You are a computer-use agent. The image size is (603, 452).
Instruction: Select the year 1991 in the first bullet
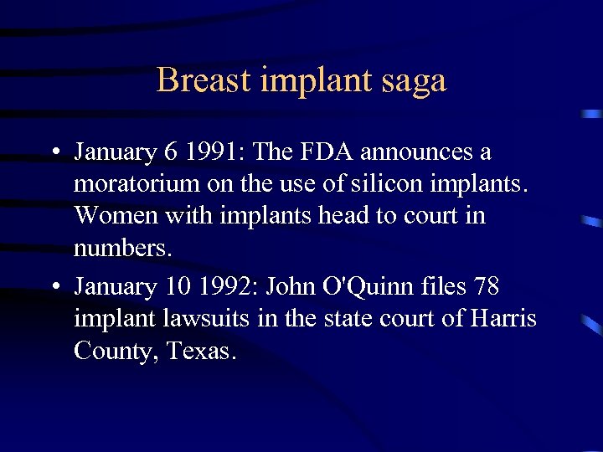(x=213, y=152)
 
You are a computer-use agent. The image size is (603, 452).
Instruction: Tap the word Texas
(x=202, y=351)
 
